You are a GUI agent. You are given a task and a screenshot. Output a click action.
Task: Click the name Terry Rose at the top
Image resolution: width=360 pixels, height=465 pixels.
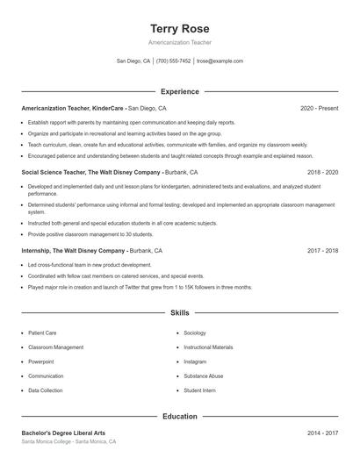(179, 28)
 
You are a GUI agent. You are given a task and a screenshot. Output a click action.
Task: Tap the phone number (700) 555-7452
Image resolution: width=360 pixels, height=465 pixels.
(174, 61)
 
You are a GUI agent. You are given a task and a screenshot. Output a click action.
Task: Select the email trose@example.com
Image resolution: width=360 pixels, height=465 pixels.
(220, 61)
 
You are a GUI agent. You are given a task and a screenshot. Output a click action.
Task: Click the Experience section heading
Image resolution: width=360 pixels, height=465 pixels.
(179, 91)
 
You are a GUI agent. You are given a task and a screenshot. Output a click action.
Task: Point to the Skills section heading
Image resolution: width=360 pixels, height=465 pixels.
(179, 312)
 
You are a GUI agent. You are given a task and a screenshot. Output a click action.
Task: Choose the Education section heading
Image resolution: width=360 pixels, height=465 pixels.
(179, 416)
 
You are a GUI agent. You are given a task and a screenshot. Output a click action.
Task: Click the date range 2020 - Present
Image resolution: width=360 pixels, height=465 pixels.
(319, 108)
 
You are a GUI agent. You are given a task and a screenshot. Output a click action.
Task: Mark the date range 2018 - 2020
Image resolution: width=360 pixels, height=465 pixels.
(322, 173)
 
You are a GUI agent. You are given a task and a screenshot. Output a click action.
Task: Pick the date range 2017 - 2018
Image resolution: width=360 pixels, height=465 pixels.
(322, 250)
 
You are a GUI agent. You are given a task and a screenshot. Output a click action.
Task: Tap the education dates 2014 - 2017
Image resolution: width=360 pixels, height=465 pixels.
(322, 433)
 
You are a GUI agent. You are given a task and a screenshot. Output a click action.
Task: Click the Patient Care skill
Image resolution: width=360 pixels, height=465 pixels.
(42, 333)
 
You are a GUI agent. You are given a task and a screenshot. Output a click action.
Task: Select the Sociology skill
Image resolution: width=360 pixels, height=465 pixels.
(195, 333)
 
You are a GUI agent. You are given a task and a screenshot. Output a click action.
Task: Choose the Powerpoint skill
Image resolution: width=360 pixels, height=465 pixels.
(41, 361)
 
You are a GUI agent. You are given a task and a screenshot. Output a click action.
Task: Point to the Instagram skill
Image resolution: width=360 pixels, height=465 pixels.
(195, 361)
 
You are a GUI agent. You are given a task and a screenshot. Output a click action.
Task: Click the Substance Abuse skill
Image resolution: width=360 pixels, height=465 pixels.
(203, 376)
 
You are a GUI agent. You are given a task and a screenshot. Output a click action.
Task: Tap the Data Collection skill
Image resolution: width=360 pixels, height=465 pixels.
(45, 390)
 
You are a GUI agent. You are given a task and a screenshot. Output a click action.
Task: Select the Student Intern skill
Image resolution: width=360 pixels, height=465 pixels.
(199, 390)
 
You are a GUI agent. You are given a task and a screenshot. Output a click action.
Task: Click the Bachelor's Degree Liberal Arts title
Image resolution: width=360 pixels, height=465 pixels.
(64, 433)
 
